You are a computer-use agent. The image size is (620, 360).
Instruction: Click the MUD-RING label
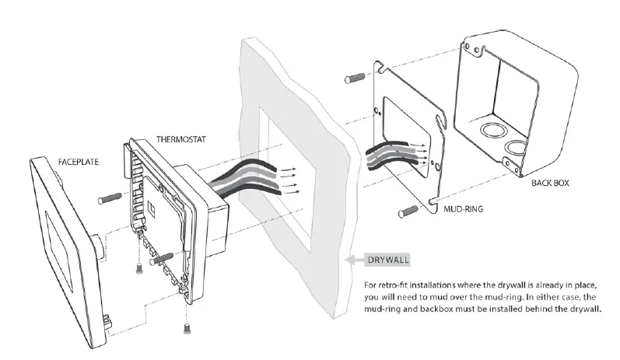tap(466, 209)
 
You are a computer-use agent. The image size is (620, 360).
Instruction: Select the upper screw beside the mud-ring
tap(355, 79)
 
